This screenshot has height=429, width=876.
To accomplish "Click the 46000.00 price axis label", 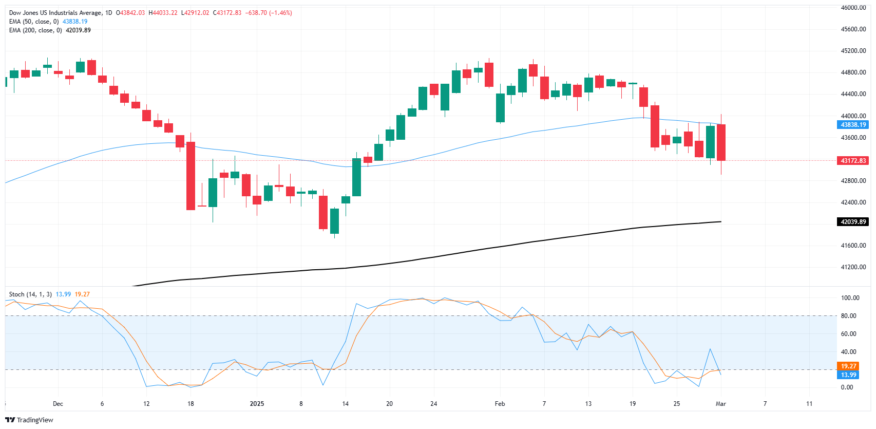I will pos(853,8).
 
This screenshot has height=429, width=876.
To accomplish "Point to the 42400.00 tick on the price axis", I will pos(853,202).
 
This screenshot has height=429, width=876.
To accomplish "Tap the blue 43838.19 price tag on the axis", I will pos(853,125).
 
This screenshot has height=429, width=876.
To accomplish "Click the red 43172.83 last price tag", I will pos(853,161).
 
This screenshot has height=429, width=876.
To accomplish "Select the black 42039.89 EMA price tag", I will pos(853,222).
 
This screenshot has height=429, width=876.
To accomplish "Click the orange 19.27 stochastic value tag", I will pos(848,366).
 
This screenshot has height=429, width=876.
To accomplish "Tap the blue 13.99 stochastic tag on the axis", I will pos(848,375).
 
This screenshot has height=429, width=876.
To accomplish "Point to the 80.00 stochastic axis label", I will pos(848,316).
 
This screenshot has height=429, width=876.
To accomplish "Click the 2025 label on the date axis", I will pos(257,404).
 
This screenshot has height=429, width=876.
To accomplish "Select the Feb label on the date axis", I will pos(500,404).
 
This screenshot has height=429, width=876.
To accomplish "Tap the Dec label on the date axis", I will pos(58,404).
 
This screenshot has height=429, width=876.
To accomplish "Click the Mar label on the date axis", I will pos(721,404).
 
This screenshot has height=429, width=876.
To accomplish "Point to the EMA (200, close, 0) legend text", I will pos(35,30).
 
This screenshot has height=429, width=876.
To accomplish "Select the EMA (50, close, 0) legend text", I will pos(34,22).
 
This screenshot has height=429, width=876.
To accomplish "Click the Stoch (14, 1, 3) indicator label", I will pos(30,294).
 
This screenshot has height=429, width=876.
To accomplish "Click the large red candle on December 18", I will pos(191,176).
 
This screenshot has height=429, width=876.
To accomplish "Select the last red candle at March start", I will pos(721,142).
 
